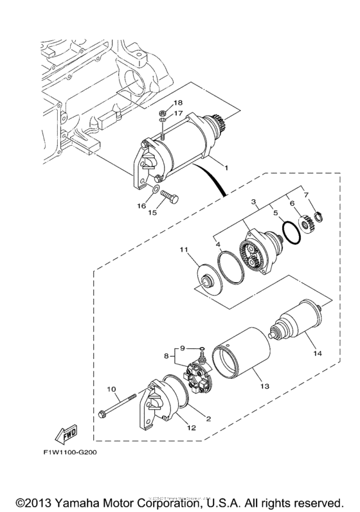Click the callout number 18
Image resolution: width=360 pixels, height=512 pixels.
point(178,103)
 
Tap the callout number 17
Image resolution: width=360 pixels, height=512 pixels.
point(178,114)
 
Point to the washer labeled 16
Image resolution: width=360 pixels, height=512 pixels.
point(156,190)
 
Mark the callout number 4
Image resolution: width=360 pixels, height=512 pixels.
point(217,245)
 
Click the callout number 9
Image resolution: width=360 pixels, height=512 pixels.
point(183,348)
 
